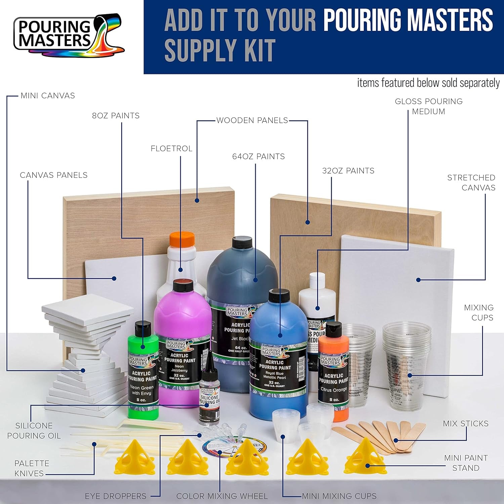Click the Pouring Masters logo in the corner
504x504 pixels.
pyautogui.click(x=69, y=35)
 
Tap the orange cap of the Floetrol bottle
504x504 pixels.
pyautogui.click(x=182, y=239)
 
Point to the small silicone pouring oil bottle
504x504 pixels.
pyautogui.click(x=209, y=396)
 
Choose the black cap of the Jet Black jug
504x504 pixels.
pyautogui.click(x=242, y=243)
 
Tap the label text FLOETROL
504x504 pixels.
pyautogui.click(x=171, y=149)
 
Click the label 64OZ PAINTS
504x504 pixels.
pyautogui.click(x=258, y=157)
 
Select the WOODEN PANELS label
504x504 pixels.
pyautogui.click(x=252, y=120)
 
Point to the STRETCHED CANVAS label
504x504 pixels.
pyautogui.click(x=471, y=182)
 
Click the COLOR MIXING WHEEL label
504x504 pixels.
pyautogui.click(x=222, y=496)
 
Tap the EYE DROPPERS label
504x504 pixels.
pyautogui.click(x=116, y=496)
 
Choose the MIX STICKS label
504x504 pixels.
pyautogui.click(x=465, y=423)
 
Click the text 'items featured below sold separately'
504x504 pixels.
pyautogui.click(x=428, y=83)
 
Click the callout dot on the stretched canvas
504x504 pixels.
pyautogui.click(x=418, y=280)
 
